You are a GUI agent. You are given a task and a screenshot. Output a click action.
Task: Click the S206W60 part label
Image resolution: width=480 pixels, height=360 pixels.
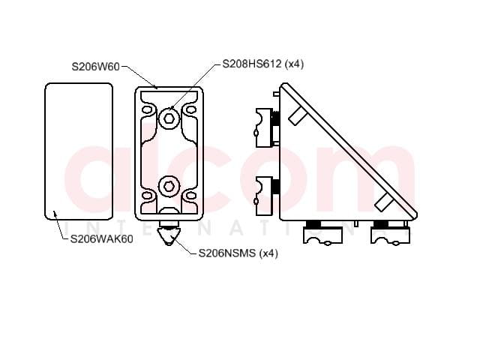click(95, 67)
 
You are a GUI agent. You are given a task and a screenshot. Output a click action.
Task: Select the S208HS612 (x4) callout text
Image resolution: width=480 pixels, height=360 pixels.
click(263, 64)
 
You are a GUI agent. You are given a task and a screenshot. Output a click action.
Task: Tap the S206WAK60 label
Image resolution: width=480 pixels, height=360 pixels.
click(102, 239)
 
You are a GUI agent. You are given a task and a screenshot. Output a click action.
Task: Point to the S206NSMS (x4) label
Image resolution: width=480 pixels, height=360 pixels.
click(238, 253)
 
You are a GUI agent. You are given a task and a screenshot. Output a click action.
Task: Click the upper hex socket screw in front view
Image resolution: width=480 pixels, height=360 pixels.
click(169, 118)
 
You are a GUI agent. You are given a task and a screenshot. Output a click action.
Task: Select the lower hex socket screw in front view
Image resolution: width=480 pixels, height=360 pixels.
click(169, 187)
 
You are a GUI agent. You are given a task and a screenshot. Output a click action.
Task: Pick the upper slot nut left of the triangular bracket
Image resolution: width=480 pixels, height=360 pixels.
click(264, 127)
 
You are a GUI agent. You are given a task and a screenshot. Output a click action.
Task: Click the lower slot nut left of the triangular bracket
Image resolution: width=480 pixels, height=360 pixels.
click(264, 196)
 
